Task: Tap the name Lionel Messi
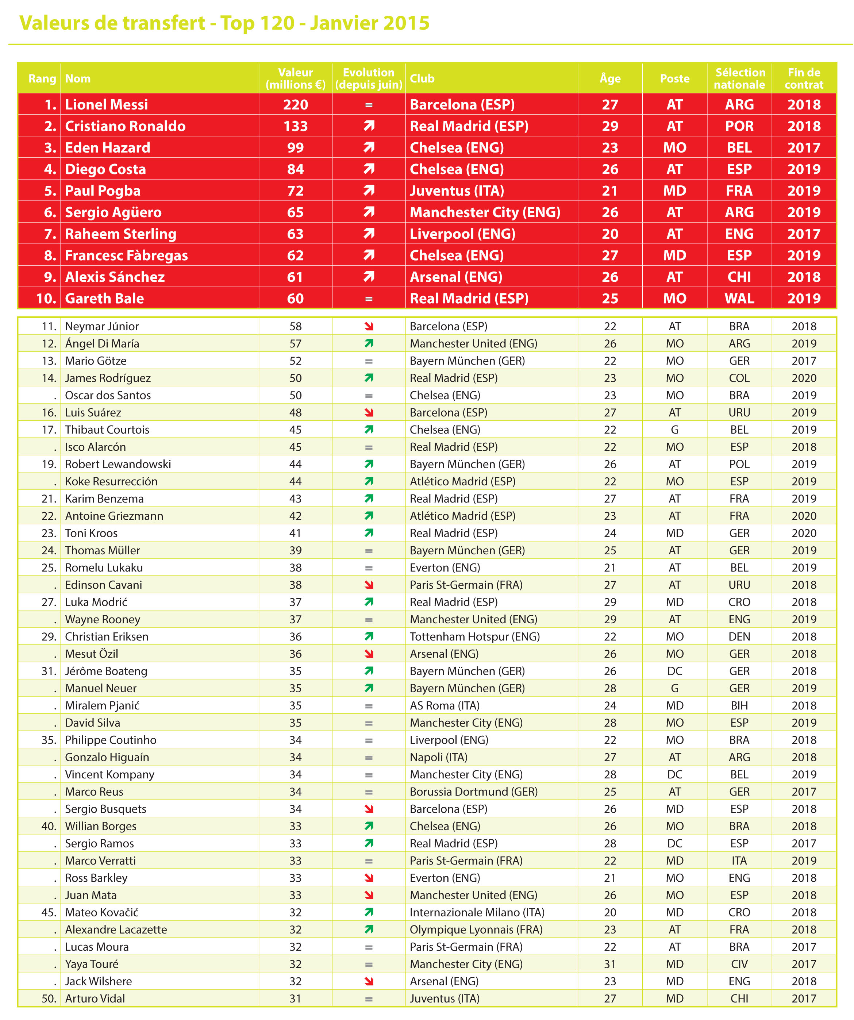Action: coord(107,104)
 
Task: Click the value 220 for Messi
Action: coord(295,104)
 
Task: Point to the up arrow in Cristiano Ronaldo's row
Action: coord(369,126)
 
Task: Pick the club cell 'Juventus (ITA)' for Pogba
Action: coord(457,191)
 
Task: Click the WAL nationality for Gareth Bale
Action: coord(739,298)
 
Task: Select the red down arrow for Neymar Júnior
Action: coord(369,326)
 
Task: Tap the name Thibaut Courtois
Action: coord(107,430)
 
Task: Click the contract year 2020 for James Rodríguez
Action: coord(804,378)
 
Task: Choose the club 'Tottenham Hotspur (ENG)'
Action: coord(474,637)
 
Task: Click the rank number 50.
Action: coord(49,998)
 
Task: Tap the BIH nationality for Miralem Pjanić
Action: coord(739,706)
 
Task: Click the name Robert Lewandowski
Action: coord(118,464)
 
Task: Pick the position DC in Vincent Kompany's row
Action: coord(674,775)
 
